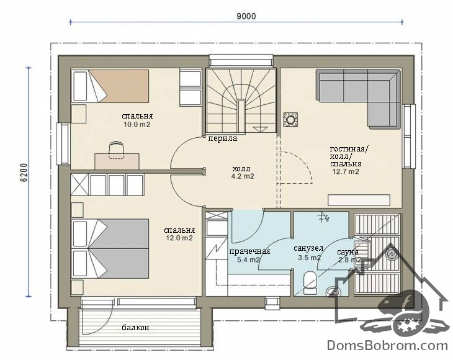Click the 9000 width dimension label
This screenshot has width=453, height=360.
(x=246, y=16)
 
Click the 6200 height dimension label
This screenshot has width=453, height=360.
(x=25, y=173)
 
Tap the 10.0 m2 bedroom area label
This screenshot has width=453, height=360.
(x=137, y=125)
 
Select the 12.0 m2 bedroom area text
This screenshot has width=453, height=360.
(x=179, y=238)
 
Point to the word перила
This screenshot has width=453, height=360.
(x=223, y=138)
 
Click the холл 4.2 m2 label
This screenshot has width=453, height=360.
(x=243, y=173)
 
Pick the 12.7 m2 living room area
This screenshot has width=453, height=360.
(x=346, y=171)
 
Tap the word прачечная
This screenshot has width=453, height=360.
(x=249, y=251)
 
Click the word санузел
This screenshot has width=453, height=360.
(x=308, y=248)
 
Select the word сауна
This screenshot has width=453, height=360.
(x=348, y=252)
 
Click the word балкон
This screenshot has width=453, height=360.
(x=135, y=327)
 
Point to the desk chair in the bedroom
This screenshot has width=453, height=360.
(x=117, y=150)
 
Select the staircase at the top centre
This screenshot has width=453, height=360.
(x=241, y=101)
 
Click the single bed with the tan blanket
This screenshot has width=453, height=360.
(x=110, y=86)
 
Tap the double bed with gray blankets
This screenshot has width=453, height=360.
(x=110, y=249)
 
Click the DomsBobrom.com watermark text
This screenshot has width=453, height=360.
(x=387, y=345)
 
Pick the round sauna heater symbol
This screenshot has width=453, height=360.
(x=393, y=254)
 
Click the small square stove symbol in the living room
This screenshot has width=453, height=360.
(x=290, y=120)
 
